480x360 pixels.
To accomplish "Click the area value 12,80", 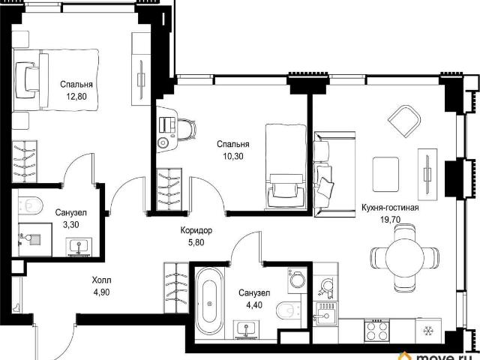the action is [x=76, y=97].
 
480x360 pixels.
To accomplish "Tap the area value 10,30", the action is [x=233, y=157].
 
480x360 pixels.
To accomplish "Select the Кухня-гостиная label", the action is [x=390, y=208].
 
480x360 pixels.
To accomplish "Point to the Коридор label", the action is [x=196, y=230].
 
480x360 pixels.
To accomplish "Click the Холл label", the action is [x=102, y=280].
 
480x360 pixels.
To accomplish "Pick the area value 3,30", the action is [x=70, y=225].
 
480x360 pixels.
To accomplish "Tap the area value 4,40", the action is [x=254, y=305].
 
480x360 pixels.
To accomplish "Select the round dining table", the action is [x=404, y=258].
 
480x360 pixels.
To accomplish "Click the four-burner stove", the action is [x=376, y=330].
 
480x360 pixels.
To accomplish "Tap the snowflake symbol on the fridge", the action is [x=427, y=331].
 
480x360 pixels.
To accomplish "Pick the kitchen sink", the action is [x=327, y=313].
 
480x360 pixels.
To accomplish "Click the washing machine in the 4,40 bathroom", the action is [x=297, y=279].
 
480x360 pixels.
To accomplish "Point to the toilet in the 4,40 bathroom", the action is [x=289, y=310].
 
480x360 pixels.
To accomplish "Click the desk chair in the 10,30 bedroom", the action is [x=187, y=130].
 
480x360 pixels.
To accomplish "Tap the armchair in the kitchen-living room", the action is [x=404, y=121].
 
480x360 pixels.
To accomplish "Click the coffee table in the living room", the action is [x=385, y=174].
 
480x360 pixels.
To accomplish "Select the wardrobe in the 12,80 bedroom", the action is [x=25, y=162].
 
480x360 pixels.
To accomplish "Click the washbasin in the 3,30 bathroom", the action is [x=79, y=247].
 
